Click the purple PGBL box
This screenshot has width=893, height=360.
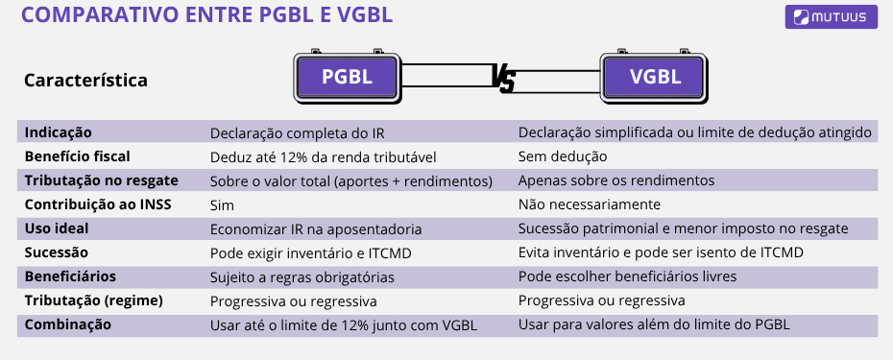point(347,78)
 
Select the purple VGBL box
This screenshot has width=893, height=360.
point(655,78)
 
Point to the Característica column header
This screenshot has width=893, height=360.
point(85,80)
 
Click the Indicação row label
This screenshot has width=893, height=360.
point(60,132)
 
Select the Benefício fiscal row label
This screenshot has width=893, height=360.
point(78,156)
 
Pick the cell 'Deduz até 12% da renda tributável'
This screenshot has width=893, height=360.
point(323,156)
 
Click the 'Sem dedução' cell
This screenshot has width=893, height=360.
point(563,156)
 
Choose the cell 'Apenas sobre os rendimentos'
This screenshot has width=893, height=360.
point(615,180)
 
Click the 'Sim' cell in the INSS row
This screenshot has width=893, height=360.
point(222,204)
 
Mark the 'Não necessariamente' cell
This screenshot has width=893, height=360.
point(589,204)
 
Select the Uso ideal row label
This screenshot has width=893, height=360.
point(57,228)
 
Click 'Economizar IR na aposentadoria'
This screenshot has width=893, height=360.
point(316,228)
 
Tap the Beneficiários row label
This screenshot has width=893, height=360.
point(71,276)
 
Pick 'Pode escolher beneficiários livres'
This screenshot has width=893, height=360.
point(627,276)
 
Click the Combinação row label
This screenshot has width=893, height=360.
point(67,324)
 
